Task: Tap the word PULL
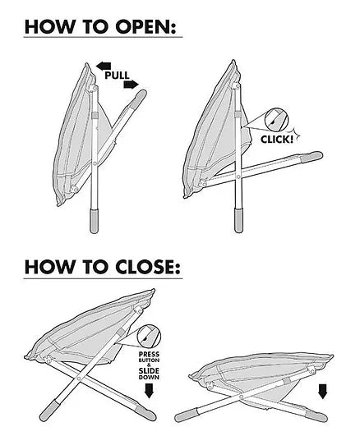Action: [x=117, y=76]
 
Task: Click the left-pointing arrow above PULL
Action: [x=104, y=67]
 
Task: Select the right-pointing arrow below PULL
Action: [x=131, y=85]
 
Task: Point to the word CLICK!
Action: [x=277, y=139]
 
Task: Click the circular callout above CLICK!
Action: [x=276, y=120]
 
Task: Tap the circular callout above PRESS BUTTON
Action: [x=150, y=336]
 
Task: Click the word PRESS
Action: [x=150, y=355]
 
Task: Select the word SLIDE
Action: [x=150, y=371]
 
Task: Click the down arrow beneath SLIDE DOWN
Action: [x=150, y=391]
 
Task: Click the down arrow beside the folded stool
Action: [x=323, y=392]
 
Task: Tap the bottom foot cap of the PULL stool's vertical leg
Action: [x=94, y=222]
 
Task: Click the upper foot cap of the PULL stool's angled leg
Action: [x=138, y=99]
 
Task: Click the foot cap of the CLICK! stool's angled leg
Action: [x=312, y=157]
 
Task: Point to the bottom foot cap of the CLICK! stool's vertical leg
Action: [x=238, y=220]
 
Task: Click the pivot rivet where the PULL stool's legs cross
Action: [x=95, y=163]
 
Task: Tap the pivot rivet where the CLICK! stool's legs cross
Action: [x=238, y=177]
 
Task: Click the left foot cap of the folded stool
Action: [x=186, y=416]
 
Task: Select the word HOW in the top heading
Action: [x=50, y=27]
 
